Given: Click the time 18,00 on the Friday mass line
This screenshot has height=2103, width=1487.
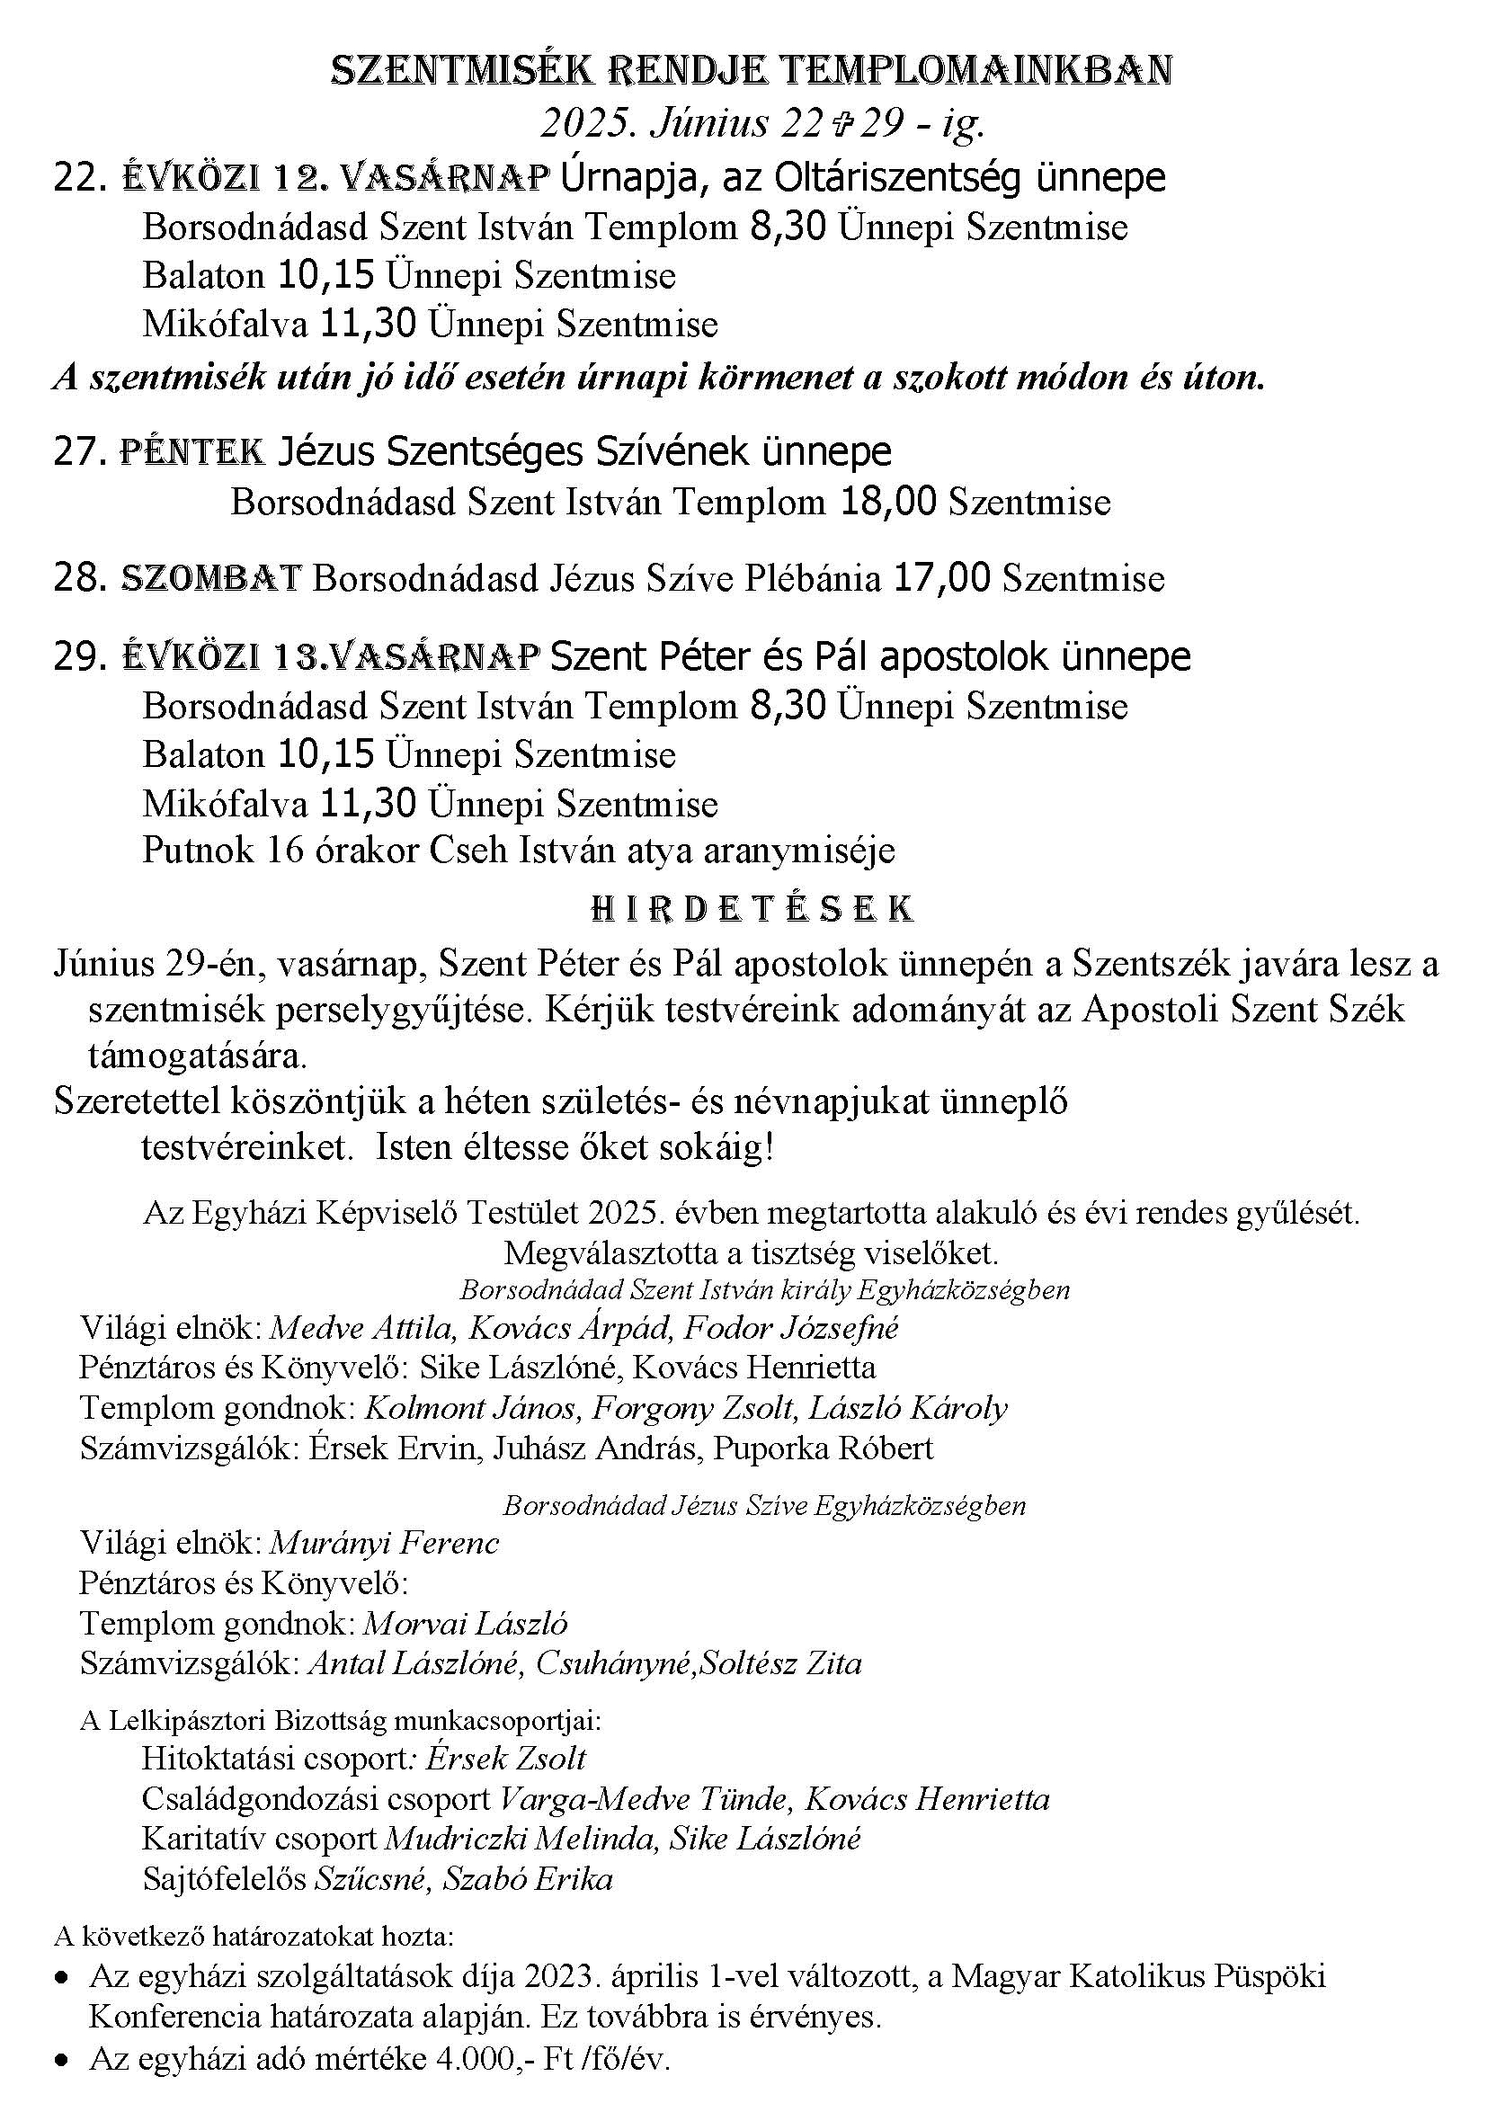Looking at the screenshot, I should pos(888,502).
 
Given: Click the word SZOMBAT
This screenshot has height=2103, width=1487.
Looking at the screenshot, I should pos(211,578).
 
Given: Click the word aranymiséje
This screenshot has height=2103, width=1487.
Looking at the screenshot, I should pos(798,850).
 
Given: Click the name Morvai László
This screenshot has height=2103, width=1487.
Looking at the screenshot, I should pos(465,1623).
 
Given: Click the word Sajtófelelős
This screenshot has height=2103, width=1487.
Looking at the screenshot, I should pos(225,1878).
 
